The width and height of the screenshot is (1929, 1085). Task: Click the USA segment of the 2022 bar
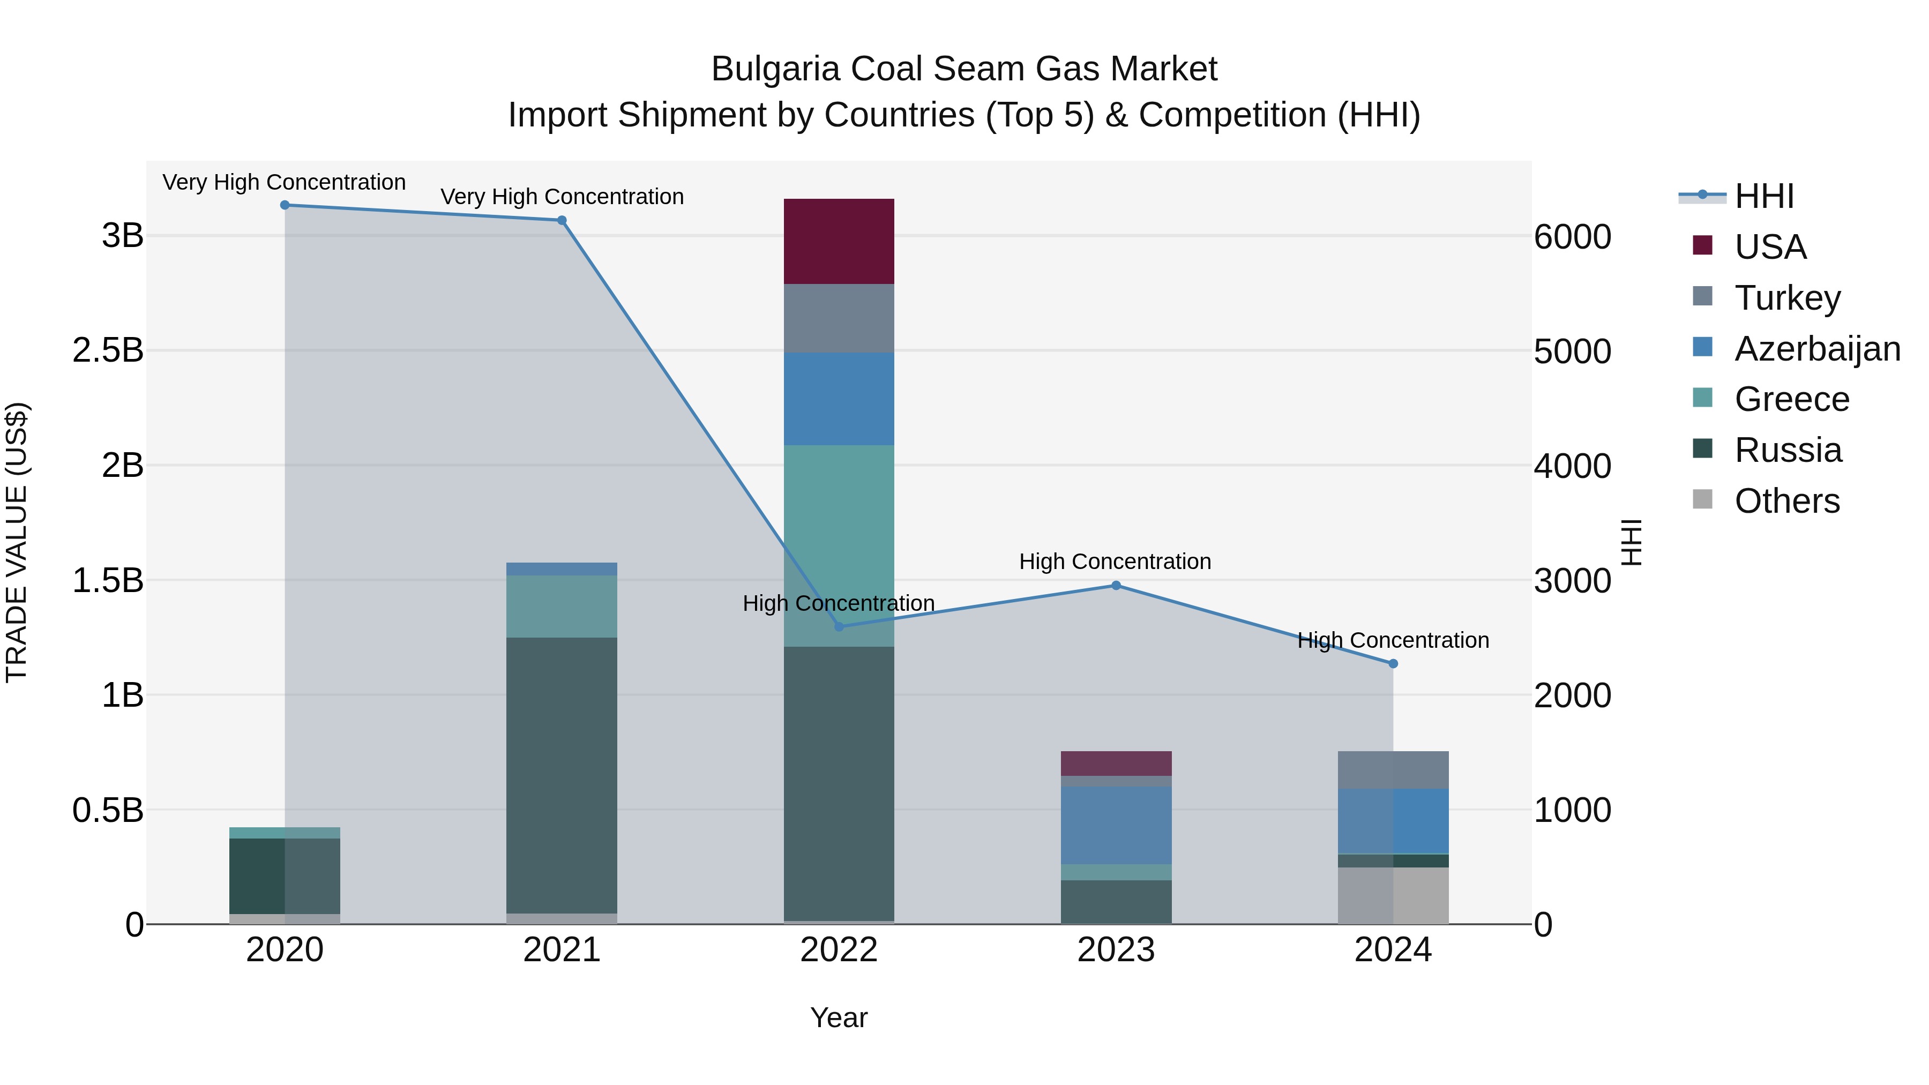tap(839, 241)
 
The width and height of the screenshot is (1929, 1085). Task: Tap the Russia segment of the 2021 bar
tap(562, 775)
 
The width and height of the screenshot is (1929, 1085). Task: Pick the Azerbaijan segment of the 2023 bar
tap(1116, 825)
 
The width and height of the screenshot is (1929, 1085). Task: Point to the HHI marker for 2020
tap(285, 205)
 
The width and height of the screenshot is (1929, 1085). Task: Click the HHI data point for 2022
tap(839, 627)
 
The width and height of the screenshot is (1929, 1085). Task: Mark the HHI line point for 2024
tap(1393, 663)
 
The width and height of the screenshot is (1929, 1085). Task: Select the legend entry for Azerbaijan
tap(1816, 349)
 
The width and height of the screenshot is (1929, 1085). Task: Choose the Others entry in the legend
tap(1786, 501)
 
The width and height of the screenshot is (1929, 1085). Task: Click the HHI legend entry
tap(1763, 196)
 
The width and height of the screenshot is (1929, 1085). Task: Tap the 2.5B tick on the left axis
tap(108, 350)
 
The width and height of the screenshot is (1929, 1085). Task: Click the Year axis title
tap(839, 1017)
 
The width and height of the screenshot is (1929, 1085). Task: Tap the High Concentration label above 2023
tap(1115, 562)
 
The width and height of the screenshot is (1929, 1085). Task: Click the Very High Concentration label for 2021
tap(562, 197)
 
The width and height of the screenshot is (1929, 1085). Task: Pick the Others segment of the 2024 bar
tap(1393, 895)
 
